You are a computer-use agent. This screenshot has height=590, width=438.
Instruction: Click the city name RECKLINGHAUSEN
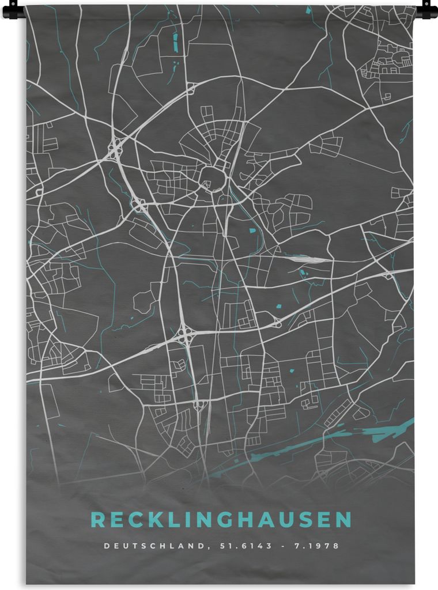point(221,520)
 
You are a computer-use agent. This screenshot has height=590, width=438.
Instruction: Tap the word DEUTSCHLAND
point(153,546)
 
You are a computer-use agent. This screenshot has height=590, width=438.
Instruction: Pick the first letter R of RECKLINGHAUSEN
point(98,520)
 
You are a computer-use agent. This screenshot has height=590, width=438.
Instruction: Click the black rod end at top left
point(13,10)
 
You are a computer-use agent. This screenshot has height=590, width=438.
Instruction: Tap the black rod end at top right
point(426,10)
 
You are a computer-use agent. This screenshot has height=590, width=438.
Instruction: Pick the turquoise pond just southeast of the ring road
point(252,230)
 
